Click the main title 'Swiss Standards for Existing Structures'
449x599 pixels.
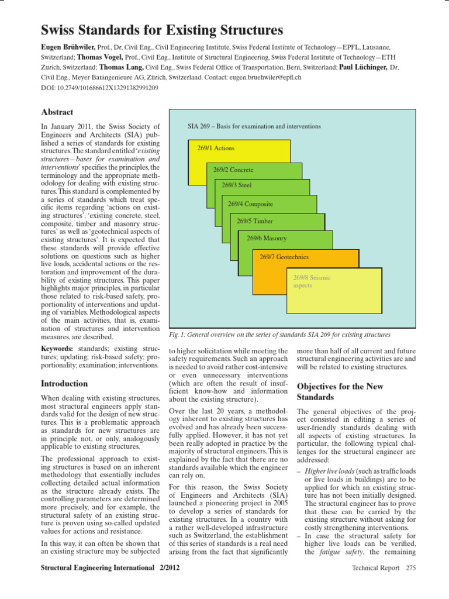[162, 30]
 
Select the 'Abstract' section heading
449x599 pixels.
[57, 112]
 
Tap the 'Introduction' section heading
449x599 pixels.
[64, 384]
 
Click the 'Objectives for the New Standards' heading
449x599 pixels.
[340, 392]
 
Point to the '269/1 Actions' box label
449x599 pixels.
[216, 148]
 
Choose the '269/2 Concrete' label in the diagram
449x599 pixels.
[233, 170]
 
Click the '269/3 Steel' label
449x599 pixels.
[237, 185]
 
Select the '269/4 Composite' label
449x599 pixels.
[251, 204]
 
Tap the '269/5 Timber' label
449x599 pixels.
[254, 221]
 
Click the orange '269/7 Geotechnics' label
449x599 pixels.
[284, 257]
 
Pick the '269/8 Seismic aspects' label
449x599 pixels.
[312, 281]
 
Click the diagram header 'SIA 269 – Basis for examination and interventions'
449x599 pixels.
[254, 126]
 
